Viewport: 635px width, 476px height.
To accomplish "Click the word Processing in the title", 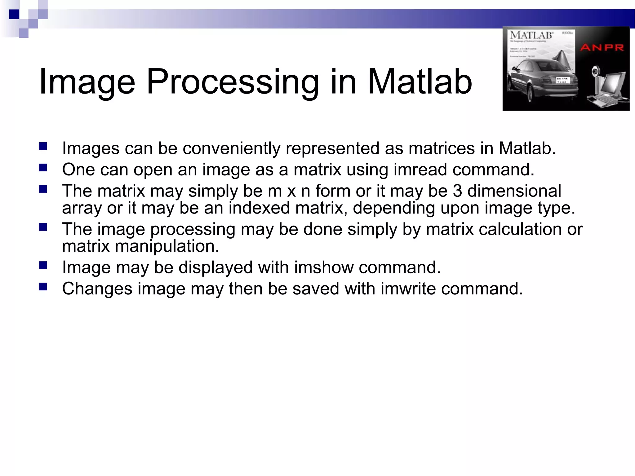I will coord(233,82).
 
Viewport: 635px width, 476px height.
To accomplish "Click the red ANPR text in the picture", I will coord(602,47).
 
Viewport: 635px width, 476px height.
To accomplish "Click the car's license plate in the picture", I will coord(562,80).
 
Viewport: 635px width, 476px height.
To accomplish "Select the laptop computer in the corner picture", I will coord(608,91).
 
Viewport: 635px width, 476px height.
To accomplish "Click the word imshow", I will coord(323,267).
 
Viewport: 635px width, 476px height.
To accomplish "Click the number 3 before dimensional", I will coord(457,191).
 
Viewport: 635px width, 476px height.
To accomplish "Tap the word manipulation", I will coord(167,246).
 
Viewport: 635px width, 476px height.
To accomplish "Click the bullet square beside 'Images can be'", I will coord(43,146).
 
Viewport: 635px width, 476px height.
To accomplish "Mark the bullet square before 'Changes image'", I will coord(43,287).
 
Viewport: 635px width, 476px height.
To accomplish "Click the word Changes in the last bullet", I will coord(97,289).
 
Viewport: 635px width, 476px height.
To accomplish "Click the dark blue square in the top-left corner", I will coord(14,14).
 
